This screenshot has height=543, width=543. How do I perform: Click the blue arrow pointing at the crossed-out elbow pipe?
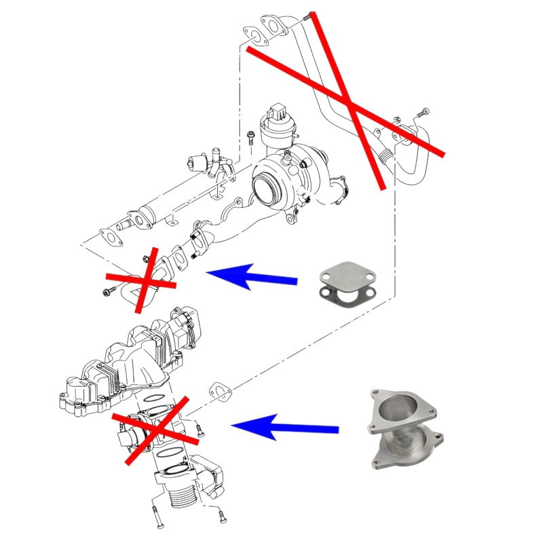(x=251, y=277)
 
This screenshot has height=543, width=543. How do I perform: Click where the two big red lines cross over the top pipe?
(x=348, y=104)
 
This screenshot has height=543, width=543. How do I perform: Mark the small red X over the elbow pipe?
(x=141, y=280)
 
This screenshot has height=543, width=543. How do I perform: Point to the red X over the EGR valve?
(x=155, y=429)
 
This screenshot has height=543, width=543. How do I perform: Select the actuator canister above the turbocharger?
(x=280, y=130)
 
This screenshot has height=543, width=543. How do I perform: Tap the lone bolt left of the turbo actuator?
(x=250, y=138)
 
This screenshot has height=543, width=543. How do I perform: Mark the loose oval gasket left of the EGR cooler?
(x=109, y=237)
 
